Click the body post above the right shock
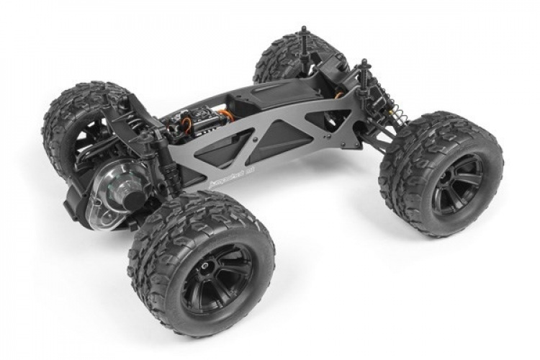[364, 68]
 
